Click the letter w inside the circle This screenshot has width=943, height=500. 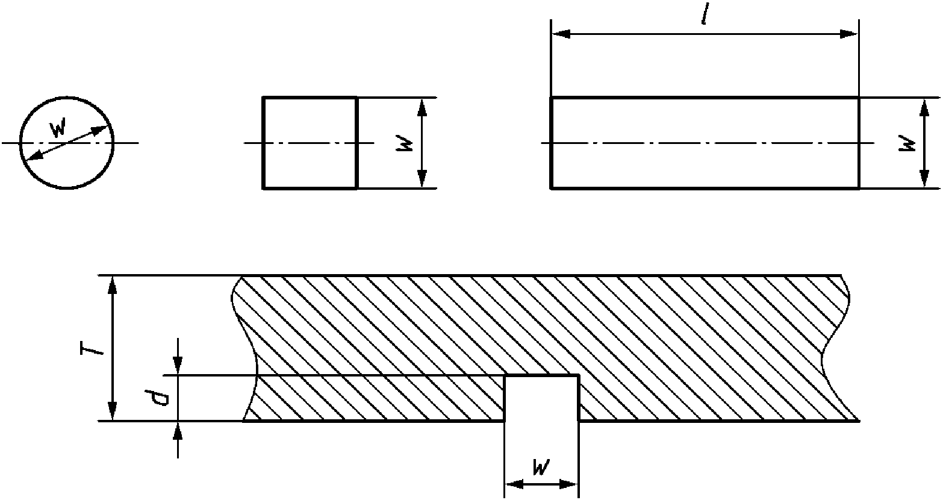pos(58,128)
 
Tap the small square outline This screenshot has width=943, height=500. pos(310,143)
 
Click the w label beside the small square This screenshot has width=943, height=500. pos(405,143)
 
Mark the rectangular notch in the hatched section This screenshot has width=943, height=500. pos(541,398)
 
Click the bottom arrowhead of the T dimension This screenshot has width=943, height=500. pos(112,413)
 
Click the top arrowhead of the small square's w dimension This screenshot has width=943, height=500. pos(422,107)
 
